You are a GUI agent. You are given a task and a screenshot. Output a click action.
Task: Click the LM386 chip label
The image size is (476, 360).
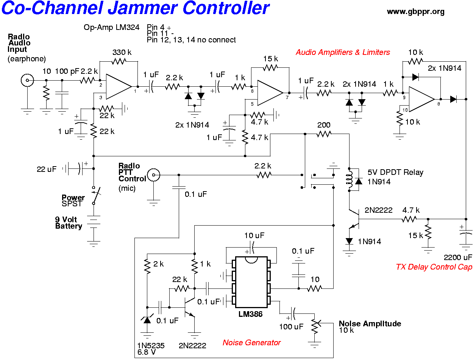click(250, 314)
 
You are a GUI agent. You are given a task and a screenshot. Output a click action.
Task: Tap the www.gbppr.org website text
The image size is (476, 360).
click(415, 12)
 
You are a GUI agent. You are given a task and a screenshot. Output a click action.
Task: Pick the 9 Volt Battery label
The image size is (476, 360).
click(69, 223)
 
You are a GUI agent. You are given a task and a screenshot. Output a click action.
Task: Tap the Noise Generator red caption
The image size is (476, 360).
click(251, 343)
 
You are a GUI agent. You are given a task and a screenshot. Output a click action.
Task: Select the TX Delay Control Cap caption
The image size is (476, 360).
click(434, 267)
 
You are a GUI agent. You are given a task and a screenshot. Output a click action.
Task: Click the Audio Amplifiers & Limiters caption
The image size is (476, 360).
click(343, 52)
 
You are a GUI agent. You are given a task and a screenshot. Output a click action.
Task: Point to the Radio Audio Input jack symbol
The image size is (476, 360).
click(27, 80)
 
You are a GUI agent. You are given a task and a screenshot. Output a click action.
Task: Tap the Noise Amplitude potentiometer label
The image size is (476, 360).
click(370, 324)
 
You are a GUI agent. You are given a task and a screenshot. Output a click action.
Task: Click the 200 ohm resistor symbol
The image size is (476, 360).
click(324, 134)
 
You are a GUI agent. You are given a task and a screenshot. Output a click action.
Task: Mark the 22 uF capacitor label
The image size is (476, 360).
click(47, 169)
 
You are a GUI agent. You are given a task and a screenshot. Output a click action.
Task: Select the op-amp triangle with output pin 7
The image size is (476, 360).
click(268, 92)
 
